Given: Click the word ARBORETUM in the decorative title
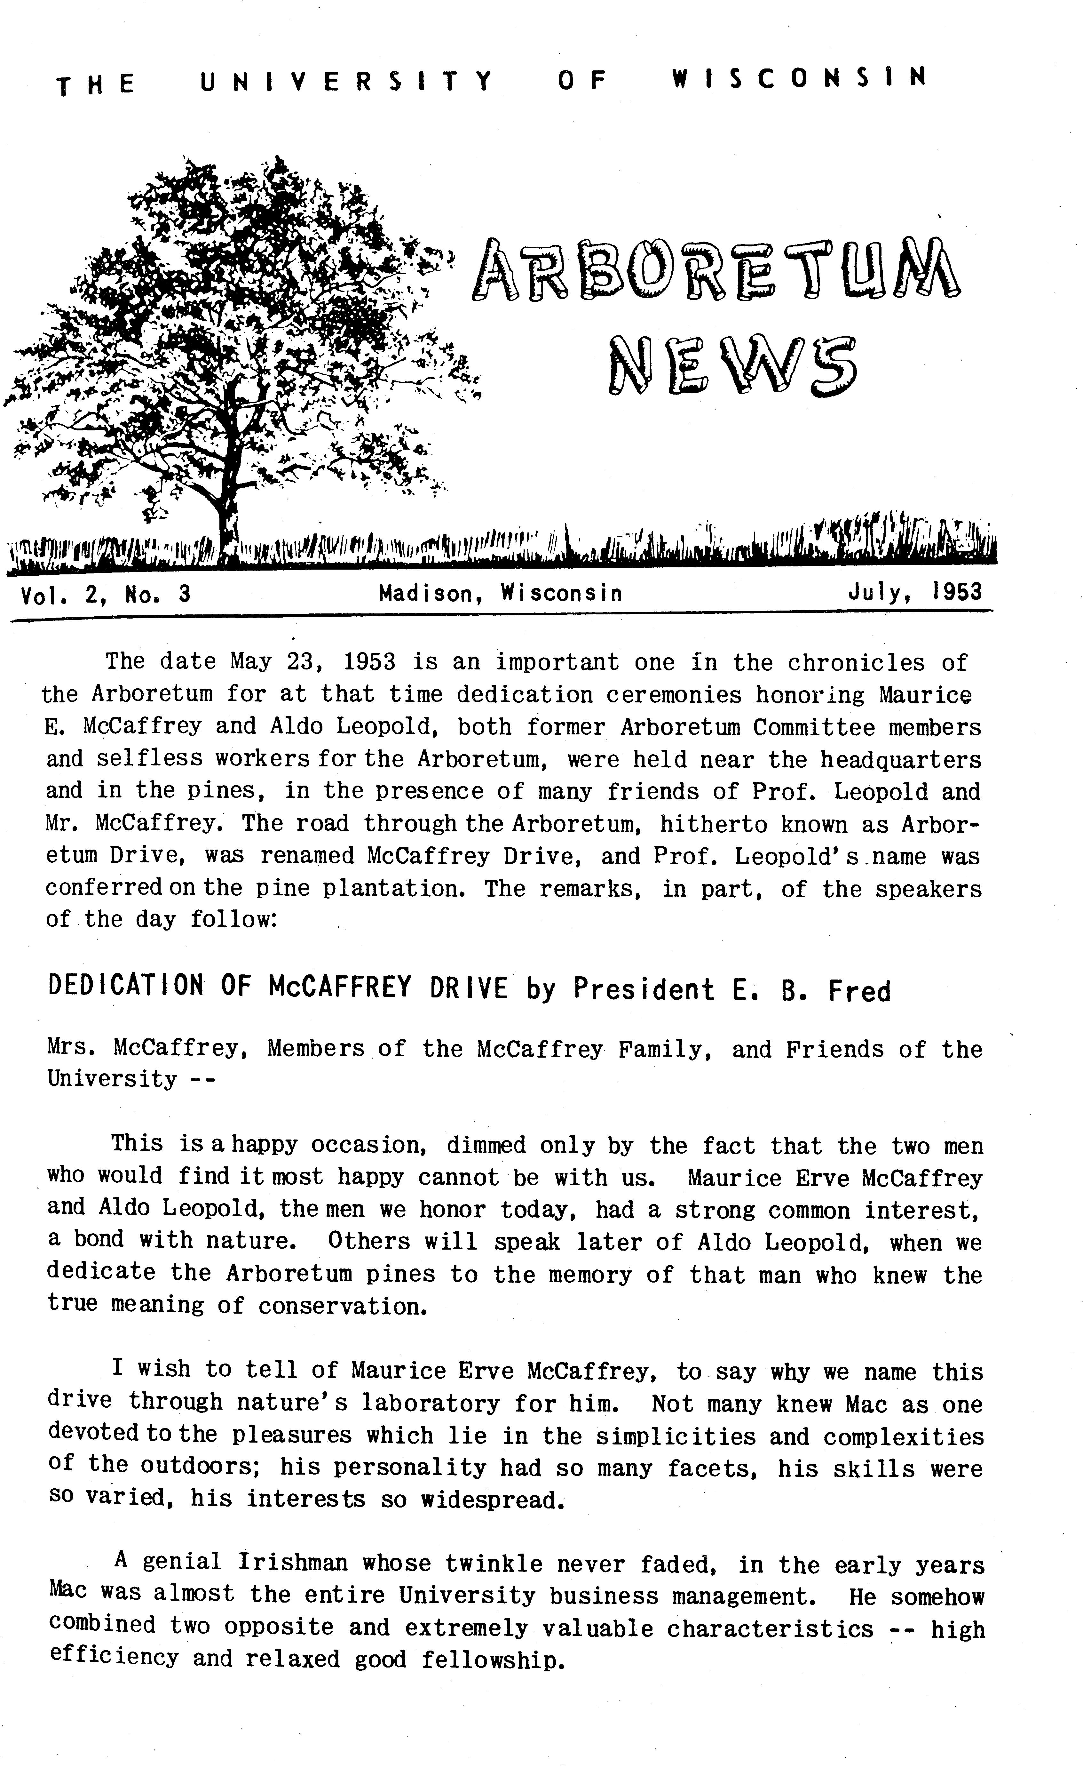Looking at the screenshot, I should click(716, 271).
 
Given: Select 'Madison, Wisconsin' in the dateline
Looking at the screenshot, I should click(500, 593).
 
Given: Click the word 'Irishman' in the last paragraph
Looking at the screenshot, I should click(293, 1563).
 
